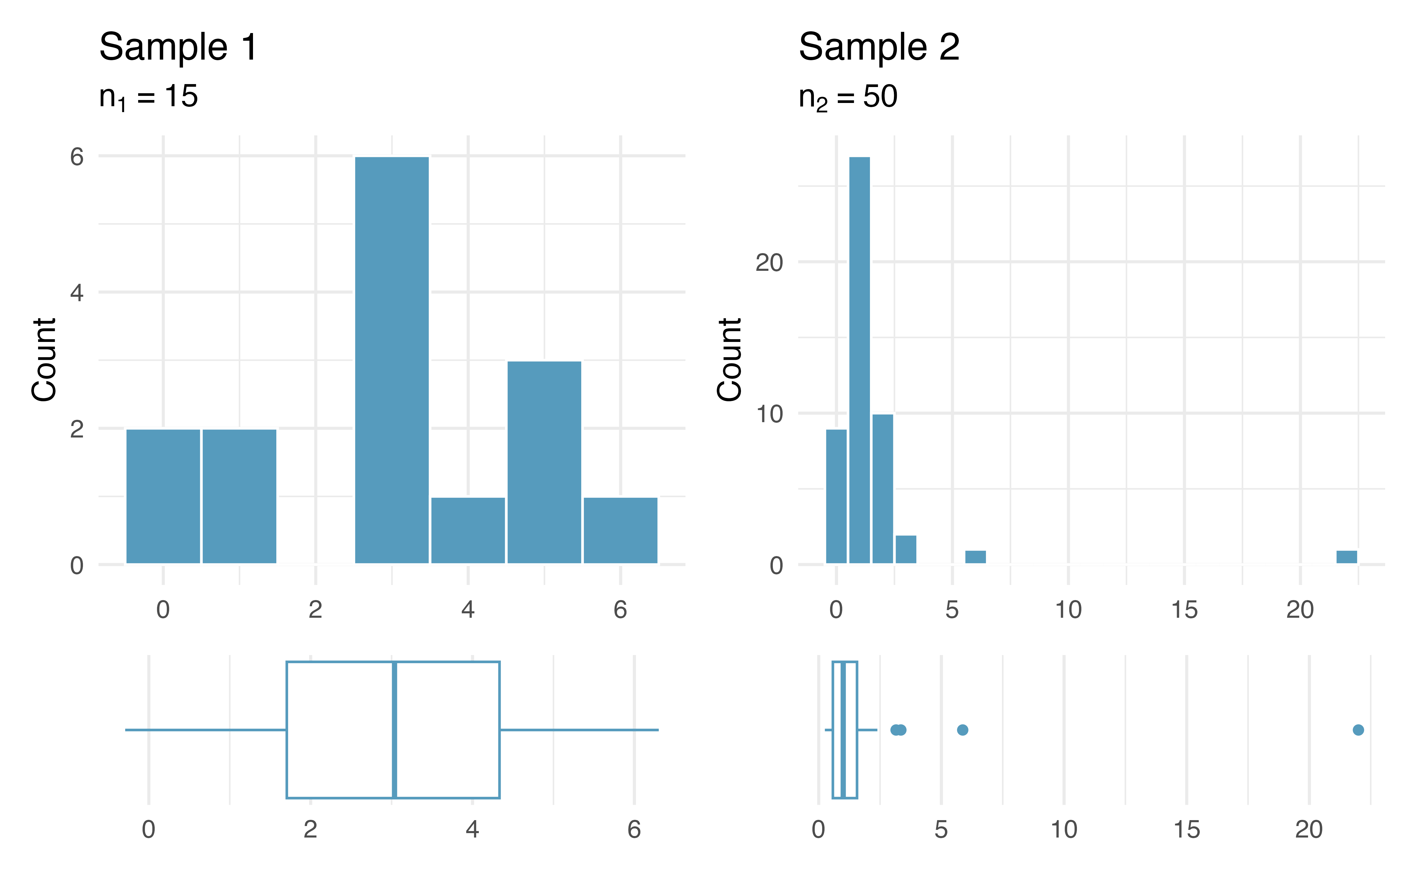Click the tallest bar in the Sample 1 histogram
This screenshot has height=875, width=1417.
pyautogui.click(x=392, y=359)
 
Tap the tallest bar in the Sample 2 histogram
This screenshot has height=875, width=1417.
pyautogui.click(x=859, y=359)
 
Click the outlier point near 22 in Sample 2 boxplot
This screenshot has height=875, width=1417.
pyautogui.click(x=1358, y=730)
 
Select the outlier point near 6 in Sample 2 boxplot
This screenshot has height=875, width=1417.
pyautogui.click(x=962, y=730)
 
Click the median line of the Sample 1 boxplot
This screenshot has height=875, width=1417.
pyautogui.click(x=394, y=730)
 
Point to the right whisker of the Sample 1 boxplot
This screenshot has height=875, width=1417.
pyautogui.click(x=579, y=730)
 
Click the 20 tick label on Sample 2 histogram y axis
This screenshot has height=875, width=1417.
pyautogui.click(x=769, y=263)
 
